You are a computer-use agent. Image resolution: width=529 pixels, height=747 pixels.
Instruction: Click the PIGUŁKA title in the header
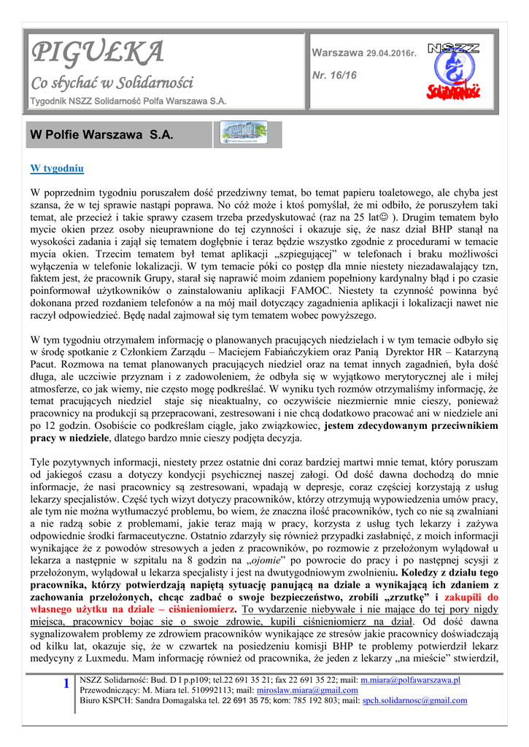click(x=97, y=53)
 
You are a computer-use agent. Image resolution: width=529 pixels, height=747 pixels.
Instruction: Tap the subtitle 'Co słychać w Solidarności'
click(x=111, y=83)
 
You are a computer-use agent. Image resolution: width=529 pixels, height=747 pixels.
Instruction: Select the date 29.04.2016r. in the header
click(x=391, y=54)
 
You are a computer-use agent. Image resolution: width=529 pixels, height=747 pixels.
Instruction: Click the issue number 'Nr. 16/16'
click(x=334, y=75)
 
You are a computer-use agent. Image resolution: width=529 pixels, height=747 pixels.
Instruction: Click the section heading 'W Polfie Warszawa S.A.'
click(x=101, y=135)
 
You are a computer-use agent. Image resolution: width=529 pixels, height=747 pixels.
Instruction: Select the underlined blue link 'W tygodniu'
click(x=57, y=169)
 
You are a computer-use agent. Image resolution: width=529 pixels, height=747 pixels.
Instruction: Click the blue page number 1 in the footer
click(x=66, y=684)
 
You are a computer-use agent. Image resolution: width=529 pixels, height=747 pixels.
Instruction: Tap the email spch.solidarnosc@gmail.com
click(x=414, y=700)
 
